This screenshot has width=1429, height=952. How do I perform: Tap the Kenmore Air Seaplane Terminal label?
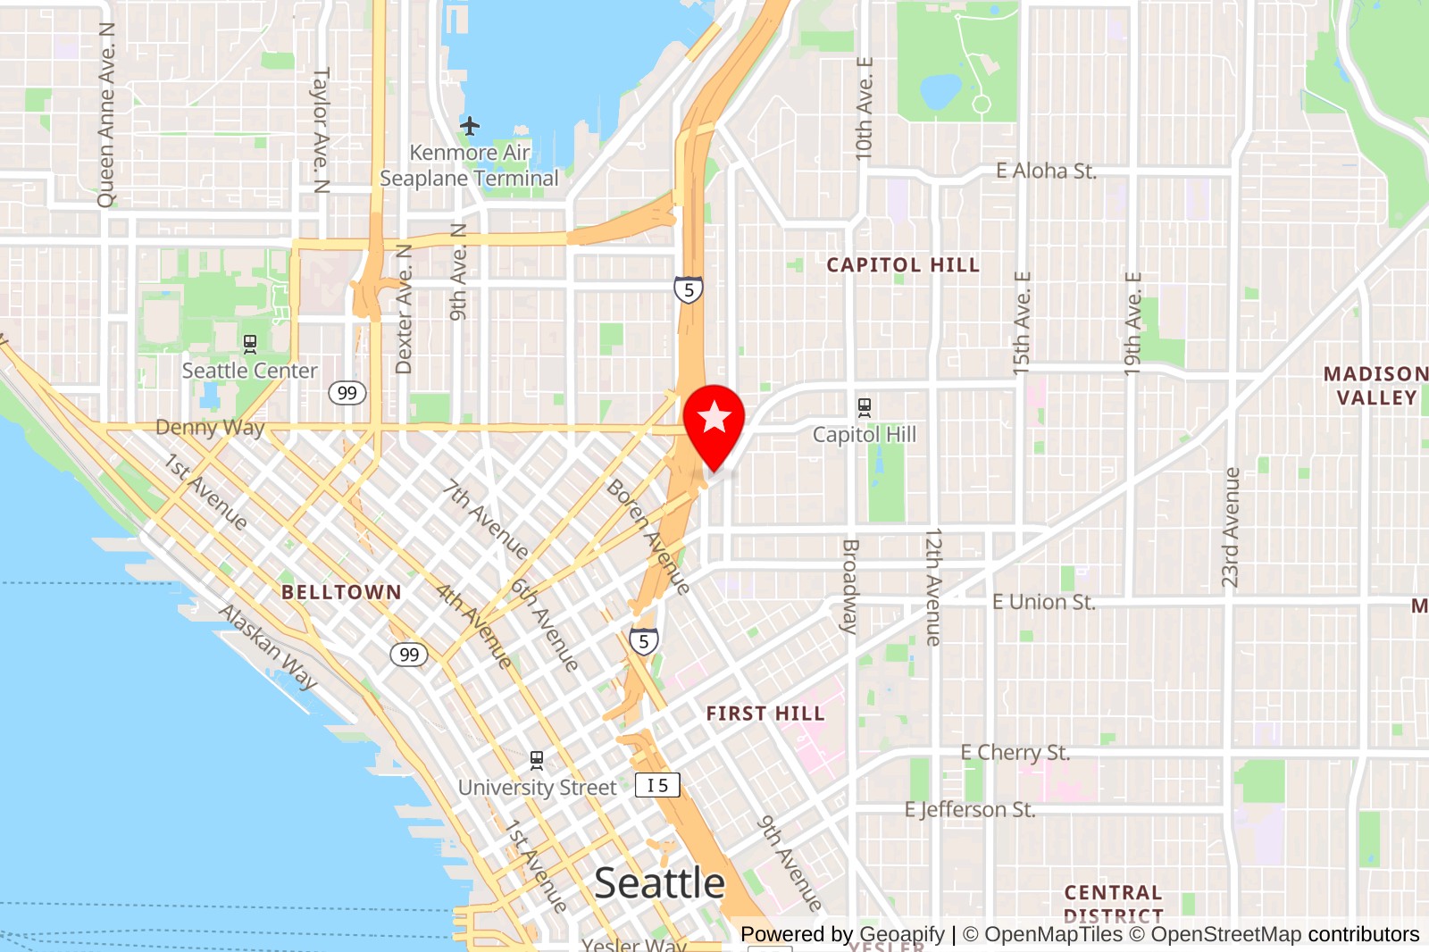click(x=469, y=166)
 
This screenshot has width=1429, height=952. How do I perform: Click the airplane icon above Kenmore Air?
click(x=470, y=126)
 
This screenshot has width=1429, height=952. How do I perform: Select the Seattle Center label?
click(x=249, y=371)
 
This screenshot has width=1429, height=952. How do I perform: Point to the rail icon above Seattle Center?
click(x=250, y=344)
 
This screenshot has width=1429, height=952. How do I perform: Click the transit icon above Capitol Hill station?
click(x=864, y=408)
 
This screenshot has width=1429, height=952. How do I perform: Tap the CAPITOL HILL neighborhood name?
click(x=902, y=265)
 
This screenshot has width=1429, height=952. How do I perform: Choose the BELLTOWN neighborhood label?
click(x=341, y=592)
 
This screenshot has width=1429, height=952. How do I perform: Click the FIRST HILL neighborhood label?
click(x=765, y=714)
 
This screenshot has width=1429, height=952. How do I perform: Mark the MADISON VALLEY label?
click(x=1375, y=386)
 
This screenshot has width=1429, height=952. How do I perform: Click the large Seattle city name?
click(x=660, y=883)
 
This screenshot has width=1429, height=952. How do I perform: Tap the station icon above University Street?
click(x=537, y=761)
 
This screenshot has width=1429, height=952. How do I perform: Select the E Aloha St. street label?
click(x=1046, y=171)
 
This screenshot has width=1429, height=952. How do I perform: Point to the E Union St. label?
click(x=1043, y=602)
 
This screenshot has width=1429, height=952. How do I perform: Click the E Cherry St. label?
click(x=1015, y=753)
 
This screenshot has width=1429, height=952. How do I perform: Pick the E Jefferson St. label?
click(x=970, y=810)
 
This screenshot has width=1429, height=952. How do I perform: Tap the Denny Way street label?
click(x=210, y=428)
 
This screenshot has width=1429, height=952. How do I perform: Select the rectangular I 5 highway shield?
click(x=657, y=785)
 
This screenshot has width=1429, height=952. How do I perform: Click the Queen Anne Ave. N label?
click(x=107, y=115)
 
